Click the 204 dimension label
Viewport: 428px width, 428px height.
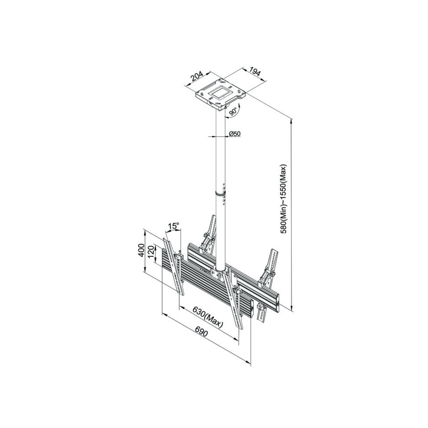(197, 77)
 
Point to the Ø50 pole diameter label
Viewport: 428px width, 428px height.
(235, 134)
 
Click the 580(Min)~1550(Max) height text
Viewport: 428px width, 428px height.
(283, 199)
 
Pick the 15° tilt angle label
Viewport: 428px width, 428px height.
(174, 226)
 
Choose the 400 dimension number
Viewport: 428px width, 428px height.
(141, 250)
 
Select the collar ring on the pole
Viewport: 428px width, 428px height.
(220, 193)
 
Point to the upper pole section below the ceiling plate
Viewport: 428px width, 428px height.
(220, 151)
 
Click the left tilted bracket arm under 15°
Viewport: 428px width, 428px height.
(173, 266)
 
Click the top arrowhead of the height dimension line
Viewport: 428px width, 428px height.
(292, 122)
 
